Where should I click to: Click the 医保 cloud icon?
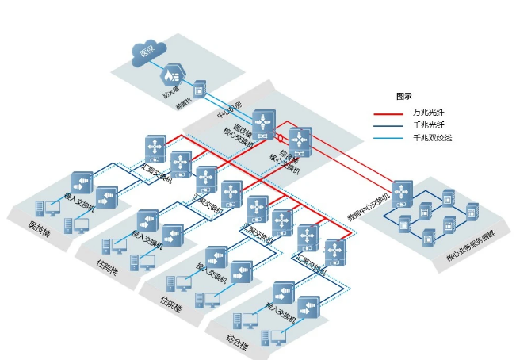click(x=145, y=52)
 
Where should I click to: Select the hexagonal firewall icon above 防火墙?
click(x=170, y=76)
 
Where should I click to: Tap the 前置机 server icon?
click(x=200, y=87)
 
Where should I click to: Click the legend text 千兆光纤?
click(x=428, y=125)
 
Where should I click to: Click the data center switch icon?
click(x=402, y=193)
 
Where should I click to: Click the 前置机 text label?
click(x=185, y=105)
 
